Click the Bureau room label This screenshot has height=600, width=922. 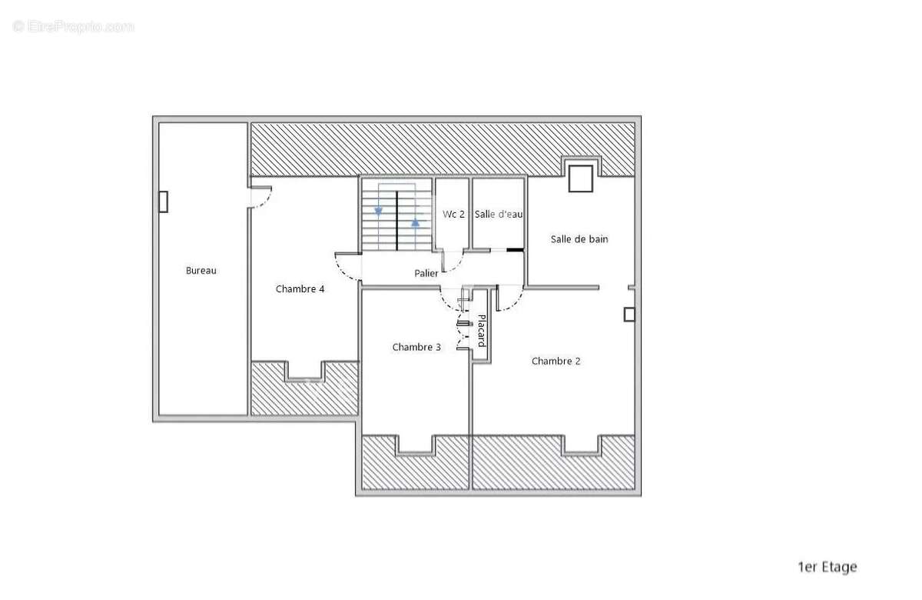coord(201,271)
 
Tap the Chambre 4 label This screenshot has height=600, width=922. coord(300,289)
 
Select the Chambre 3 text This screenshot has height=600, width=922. coord(416,348)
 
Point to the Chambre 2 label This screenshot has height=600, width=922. coord(556,362)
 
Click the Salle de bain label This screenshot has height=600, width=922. coord(579,239)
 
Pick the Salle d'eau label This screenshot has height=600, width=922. coord(499,215)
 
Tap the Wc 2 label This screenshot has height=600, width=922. coord(453,215)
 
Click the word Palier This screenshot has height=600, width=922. coord(426,273)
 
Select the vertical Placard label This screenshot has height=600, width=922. coord(482,331)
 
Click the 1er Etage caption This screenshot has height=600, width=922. coord(827,567)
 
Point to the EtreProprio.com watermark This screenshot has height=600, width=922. coord(73,27)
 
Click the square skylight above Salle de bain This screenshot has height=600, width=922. coord(581,178)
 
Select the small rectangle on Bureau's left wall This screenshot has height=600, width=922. coord(164,202)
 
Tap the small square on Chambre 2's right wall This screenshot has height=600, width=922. coord(629,315)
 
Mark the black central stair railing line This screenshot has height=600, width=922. coord(396,221)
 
